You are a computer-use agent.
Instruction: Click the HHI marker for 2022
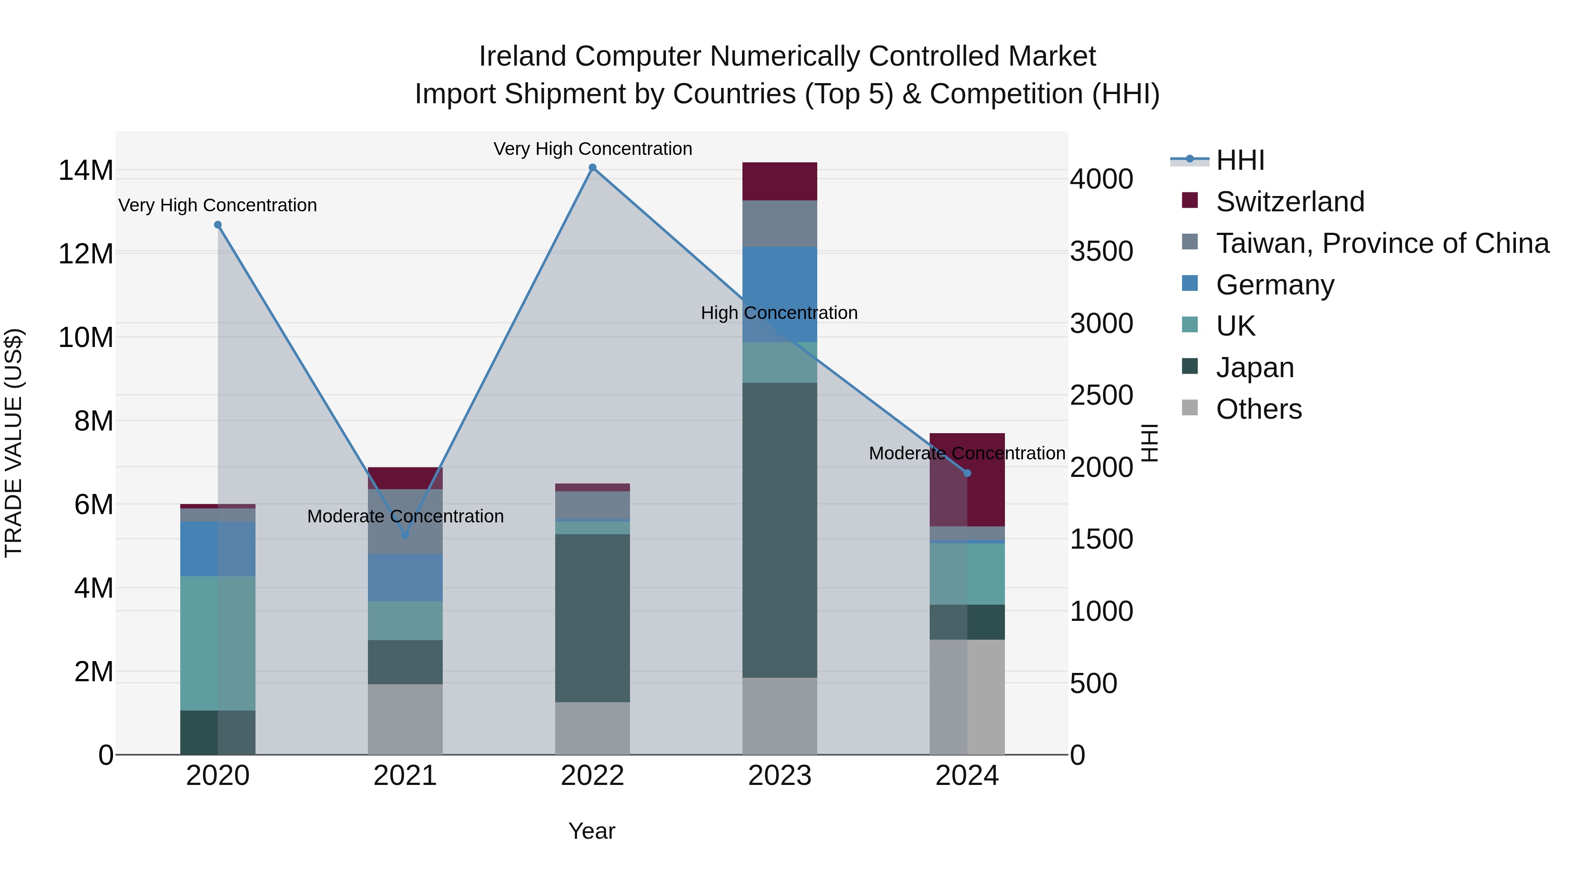[592, 168]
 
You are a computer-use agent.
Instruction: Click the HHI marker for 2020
[218, 225]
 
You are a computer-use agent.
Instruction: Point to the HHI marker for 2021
[405, 535]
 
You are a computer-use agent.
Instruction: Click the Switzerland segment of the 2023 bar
[780, 182]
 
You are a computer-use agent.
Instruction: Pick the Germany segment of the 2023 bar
[780, 294]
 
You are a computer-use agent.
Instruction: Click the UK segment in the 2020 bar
[218, 643]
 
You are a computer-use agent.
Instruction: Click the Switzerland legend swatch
[1190, 200]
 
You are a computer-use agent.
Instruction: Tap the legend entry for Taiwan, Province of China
[1382, 243]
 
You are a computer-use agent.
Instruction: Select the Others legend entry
[1258, 409]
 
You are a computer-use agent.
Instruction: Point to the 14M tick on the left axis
[86, 170]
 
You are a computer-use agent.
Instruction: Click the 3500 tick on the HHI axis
[1101, 251]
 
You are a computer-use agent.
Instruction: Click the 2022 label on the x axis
[592, 776]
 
